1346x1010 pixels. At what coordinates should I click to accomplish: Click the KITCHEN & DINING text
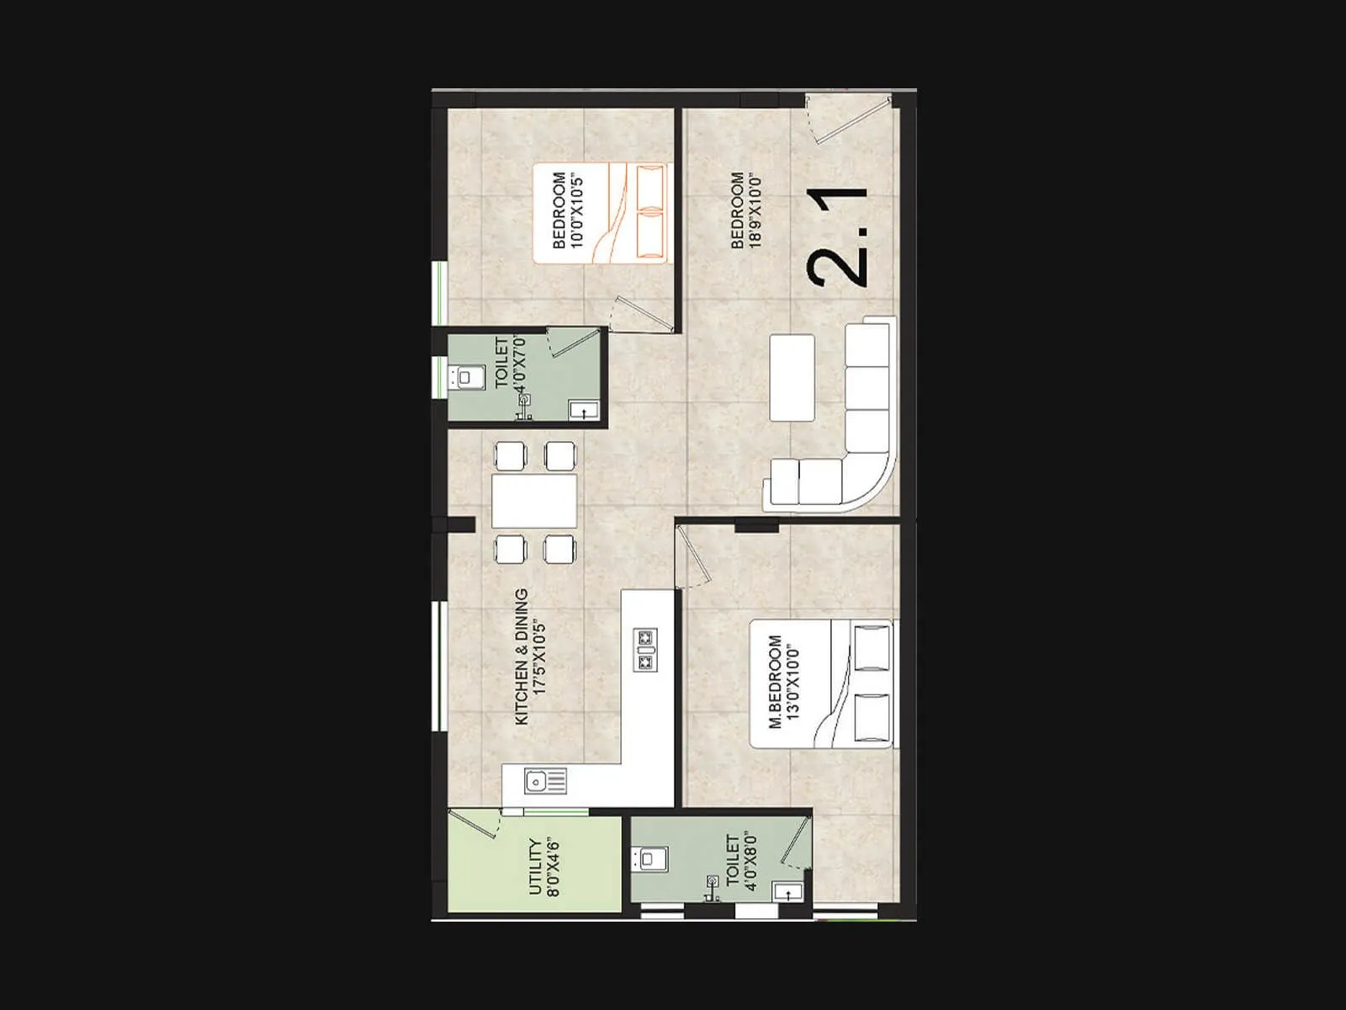tap(522, 656)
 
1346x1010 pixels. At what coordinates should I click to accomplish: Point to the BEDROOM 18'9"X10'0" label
tap(745, 210)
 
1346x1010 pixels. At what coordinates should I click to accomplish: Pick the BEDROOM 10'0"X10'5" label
tap(567, 211)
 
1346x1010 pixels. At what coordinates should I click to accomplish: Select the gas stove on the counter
tap(646, 650)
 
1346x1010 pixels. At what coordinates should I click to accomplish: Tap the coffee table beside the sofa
tap(792, 377)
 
